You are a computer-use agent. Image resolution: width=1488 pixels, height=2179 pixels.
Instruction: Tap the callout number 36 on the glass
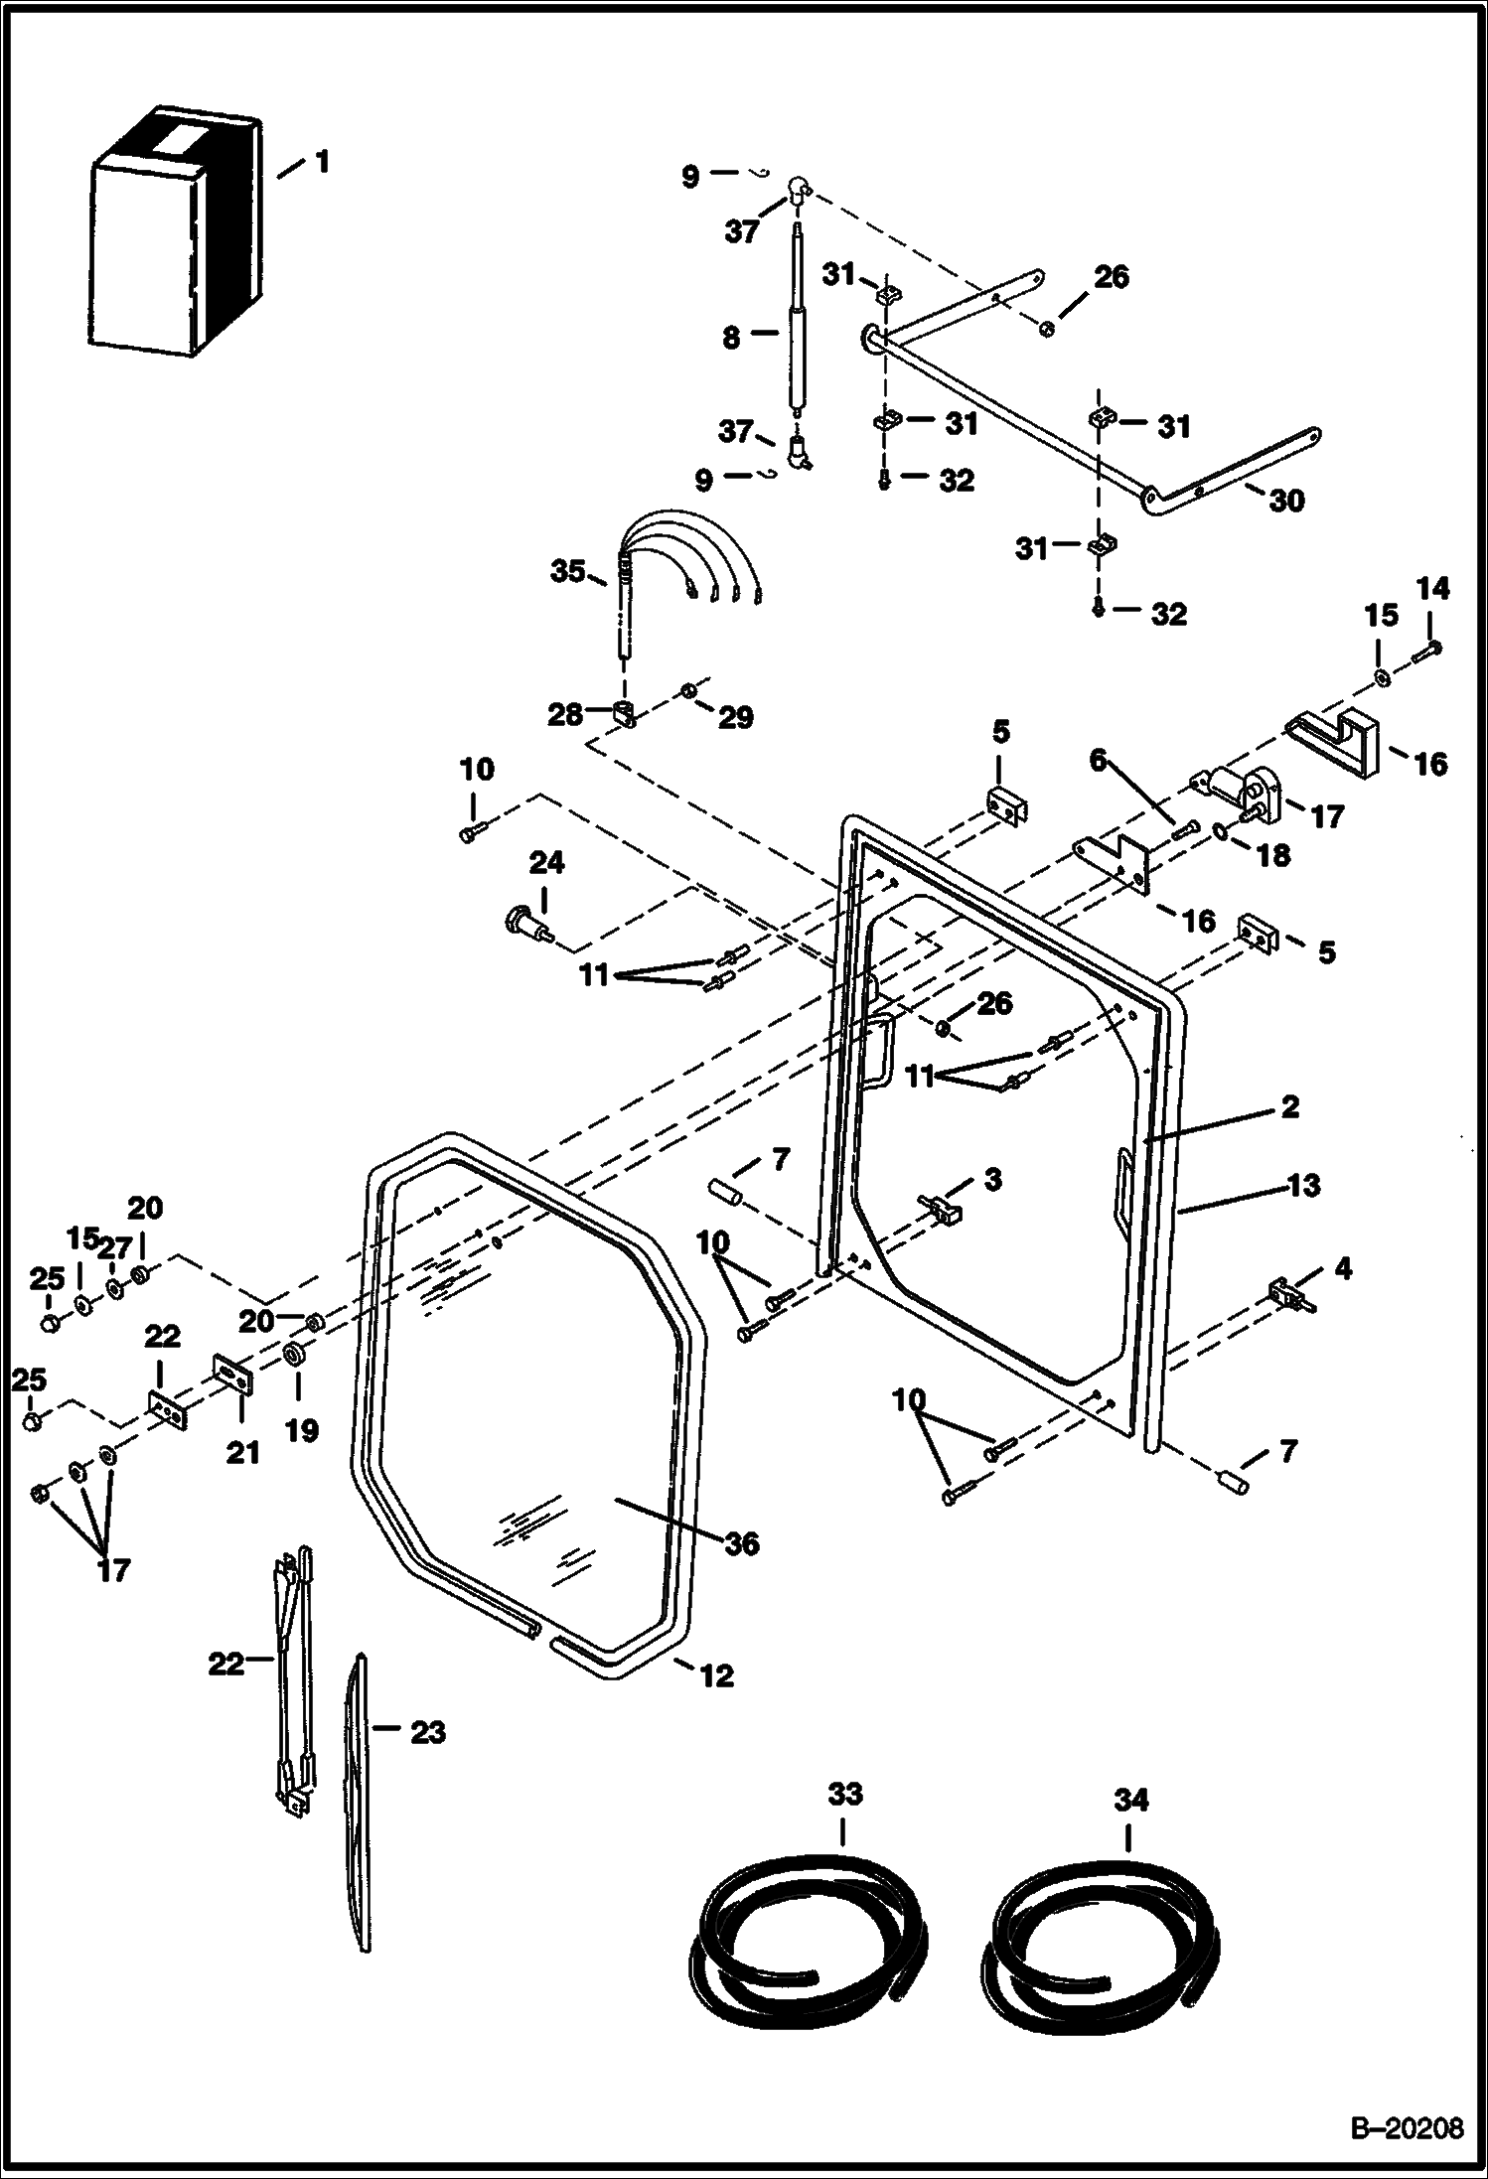(742, 1542)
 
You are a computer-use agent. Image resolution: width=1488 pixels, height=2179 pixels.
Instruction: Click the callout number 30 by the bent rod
(1287, 501)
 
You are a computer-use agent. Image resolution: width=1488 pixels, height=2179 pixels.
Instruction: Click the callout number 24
(546, 863)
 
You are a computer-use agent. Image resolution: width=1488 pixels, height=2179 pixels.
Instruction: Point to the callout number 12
(717, 1675)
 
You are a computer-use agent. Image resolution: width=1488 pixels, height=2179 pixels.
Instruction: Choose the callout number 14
(1431, 589)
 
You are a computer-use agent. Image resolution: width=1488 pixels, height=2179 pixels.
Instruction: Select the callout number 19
(302, 1430)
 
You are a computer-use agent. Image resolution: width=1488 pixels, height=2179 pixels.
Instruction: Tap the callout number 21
(242, 1452)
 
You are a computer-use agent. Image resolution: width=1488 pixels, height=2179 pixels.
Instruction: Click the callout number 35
(569, 572)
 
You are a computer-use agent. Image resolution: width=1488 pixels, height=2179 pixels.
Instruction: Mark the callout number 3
(992, 1180)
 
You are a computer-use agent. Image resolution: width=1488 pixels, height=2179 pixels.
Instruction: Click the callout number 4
(1343, 1268)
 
